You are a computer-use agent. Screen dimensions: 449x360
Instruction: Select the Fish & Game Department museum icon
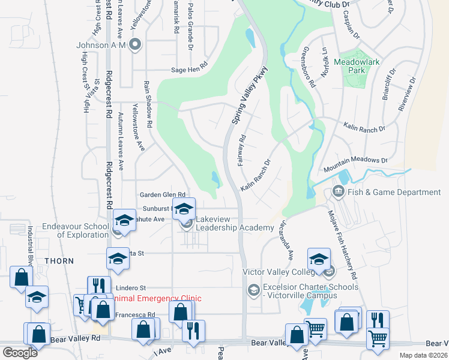[x=337, y=192]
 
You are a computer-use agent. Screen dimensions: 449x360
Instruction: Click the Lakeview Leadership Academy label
[x=235, y=223]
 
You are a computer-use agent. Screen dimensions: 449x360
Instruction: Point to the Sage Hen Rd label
[x=189, y=70]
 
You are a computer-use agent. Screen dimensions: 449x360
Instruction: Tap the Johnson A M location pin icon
[x=135, y=44]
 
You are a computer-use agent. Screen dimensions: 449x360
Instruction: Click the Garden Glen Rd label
[x=162, y=194]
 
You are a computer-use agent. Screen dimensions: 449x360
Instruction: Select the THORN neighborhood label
[x=59, y=261]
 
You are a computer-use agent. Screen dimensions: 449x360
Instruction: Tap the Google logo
[x=20, y=353]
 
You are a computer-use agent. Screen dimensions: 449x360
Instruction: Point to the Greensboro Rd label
[x=309, y=68]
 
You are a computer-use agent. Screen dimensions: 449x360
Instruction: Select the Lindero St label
[x=131, y=288]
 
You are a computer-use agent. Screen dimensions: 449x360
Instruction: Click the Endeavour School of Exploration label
[x=75, y=231]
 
